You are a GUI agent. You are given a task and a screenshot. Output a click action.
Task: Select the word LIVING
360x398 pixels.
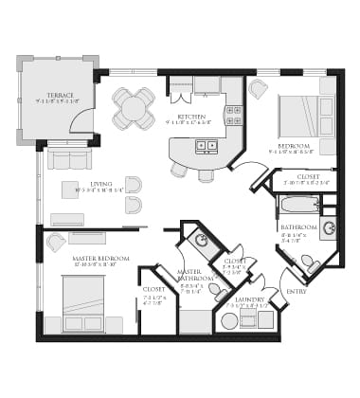point(100,184)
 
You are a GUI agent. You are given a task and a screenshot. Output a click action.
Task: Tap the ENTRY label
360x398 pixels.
point(297,291)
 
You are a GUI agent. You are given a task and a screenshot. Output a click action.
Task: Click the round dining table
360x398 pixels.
point(134,109)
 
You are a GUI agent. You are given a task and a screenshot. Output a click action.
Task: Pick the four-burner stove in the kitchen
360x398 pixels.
point(232,116)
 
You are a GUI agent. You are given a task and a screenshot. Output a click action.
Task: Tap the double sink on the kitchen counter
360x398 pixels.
point(206,146)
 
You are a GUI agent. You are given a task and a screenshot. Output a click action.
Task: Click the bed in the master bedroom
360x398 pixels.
point(82,305)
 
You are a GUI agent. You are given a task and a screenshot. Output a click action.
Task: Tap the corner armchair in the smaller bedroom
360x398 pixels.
point(258,89)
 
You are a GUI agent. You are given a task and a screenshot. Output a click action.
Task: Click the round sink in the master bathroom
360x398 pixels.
point(201,241)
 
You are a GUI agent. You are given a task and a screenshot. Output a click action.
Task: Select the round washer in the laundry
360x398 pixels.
point(229,321)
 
